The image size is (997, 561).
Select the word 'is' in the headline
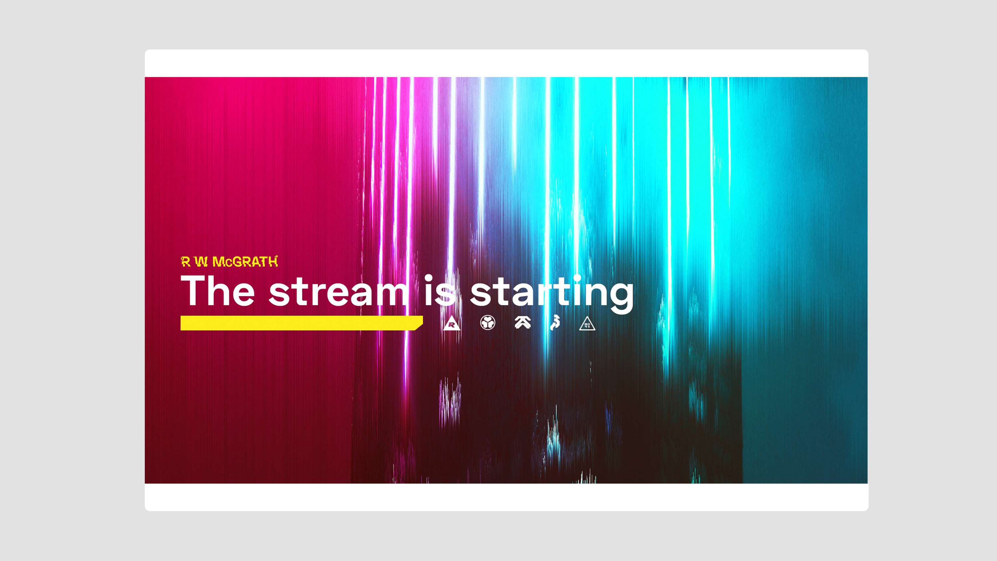(440, 290)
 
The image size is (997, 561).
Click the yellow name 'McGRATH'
(245, 262)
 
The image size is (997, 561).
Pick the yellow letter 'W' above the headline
(201, 262)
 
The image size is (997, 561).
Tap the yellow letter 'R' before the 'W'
(186, 262)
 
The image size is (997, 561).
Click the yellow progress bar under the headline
(301, 323)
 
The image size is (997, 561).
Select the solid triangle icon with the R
(452, 323)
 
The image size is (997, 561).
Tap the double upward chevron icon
(522, 322)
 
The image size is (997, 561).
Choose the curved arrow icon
(555, 323)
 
